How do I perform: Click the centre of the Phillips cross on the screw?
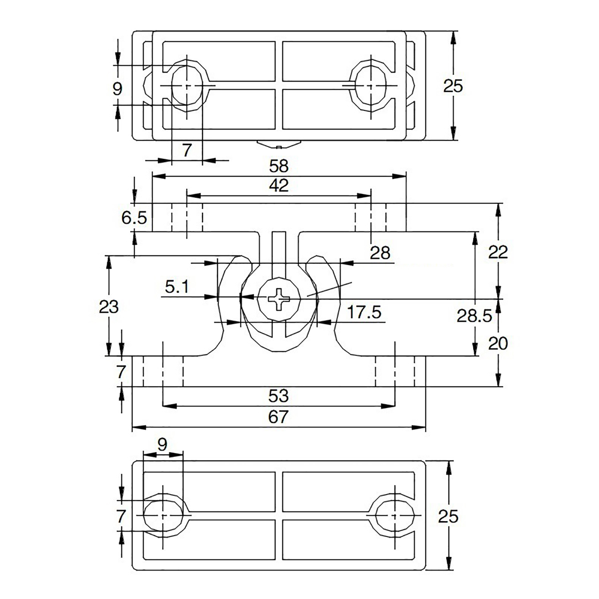point(279,299)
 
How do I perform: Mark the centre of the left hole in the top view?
point(186,86)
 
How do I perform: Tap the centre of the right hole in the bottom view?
point(395,515)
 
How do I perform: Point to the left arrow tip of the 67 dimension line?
point(133,427)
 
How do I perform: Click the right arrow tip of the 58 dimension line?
point(406,176)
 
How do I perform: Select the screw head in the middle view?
point(279,299)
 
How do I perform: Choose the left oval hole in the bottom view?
point(163,515)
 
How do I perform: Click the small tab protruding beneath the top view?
point(279,144)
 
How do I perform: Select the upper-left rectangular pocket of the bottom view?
point(210,491)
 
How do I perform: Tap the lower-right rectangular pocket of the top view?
point(339,109)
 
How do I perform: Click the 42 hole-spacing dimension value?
point(279,186)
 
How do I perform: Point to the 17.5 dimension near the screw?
point(364,312)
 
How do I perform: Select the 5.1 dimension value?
point(177,287)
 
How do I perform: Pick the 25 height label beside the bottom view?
point(448,517)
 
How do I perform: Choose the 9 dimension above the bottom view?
point(162,444)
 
